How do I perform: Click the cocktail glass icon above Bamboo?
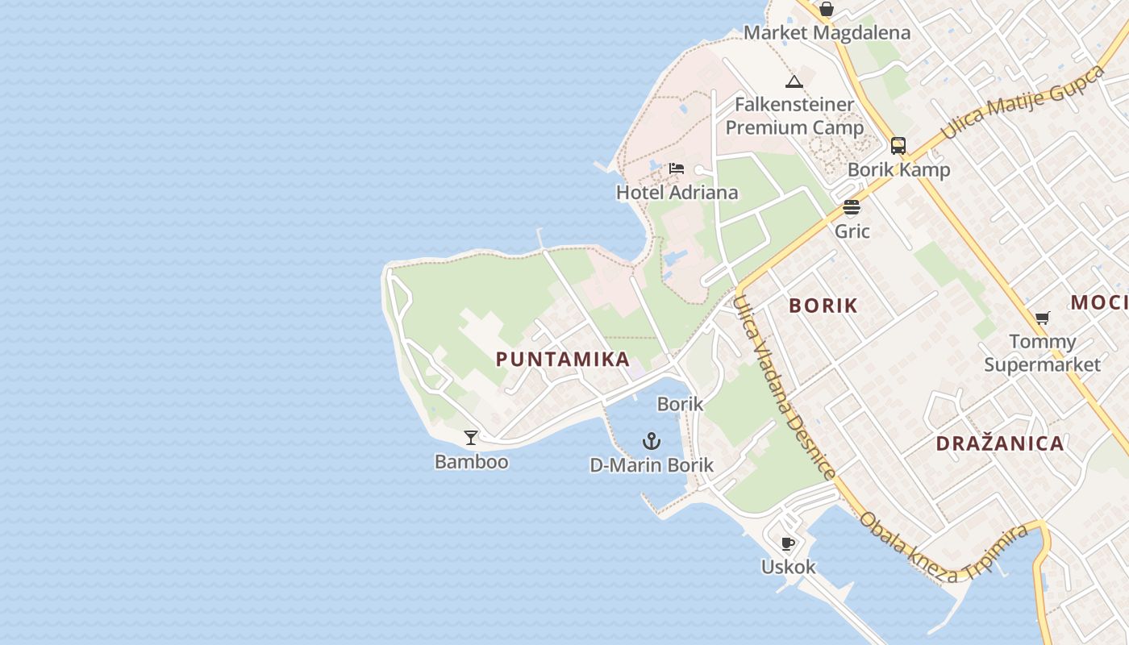[x=471, y=438]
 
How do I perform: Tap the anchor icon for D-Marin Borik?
[x=652, y=441]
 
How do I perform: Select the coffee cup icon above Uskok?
[x=788, y=543]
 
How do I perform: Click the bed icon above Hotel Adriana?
[x=677, y=169]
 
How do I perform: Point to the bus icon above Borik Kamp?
[x=898, y=146]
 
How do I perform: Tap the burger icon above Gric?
[x=852, y=207]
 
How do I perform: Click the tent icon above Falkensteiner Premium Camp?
[x=794, y=81]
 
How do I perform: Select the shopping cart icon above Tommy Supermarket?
[x=1042, y=318]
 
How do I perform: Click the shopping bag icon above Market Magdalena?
[x=827, y=10]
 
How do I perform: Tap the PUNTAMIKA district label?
[x=563, y=360]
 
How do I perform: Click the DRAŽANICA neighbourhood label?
[x=1000, y=443]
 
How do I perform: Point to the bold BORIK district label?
[x=823, y=306]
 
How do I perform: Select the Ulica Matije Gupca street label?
[x=1023, y=102]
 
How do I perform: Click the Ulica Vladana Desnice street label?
[x=781, y=387]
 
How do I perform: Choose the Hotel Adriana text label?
[x=677, y=193]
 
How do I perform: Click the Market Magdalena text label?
[x=827, y=33]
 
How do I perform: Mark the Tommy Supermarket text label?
[x=1042, y=353]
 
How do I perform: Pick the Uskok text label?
[x=788, y=567]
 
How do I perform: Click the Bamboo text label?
[x=471, y=462]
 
